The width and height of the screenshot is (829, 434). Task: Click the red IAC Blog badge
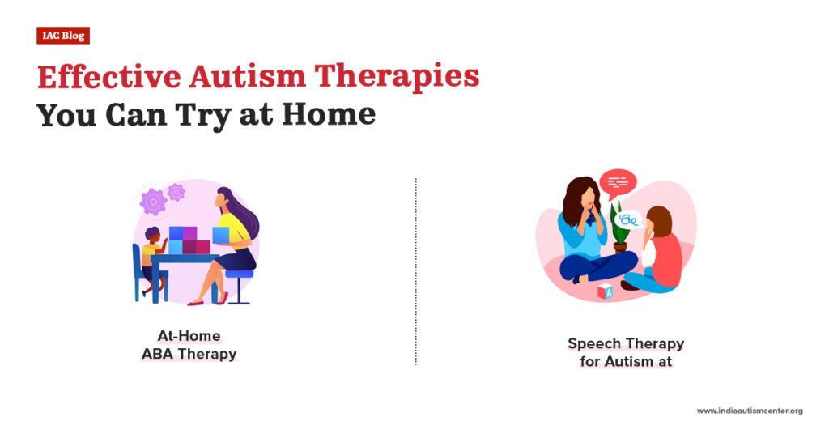[x=62, y=36]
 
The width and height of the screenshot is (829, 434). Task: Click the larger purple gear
[x=153, y=201]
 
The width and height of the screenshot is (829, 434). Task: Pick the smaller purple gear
[x=176, y=192]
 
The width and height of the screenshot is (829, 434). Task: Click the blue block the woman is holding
[x=220, y=234]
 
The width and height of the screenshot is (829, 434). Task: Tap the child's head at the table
[x=154, y=235]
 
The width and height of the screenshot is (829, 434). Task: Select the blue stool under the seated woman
[x=239, y=279]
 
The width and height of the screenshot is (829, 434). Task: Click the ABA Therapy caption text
[x=189, y=354]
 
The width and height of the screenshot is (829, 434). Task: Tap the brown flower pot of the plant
[x=620, y=246]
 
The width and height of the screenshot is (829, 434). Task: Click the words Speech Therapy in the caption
[x=625, y=343]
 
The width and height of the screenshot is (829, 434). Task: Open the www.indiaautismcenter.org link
[x=749, y=411]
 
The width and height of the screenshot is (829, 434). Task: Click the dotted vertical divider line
[x=415, y=271]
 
